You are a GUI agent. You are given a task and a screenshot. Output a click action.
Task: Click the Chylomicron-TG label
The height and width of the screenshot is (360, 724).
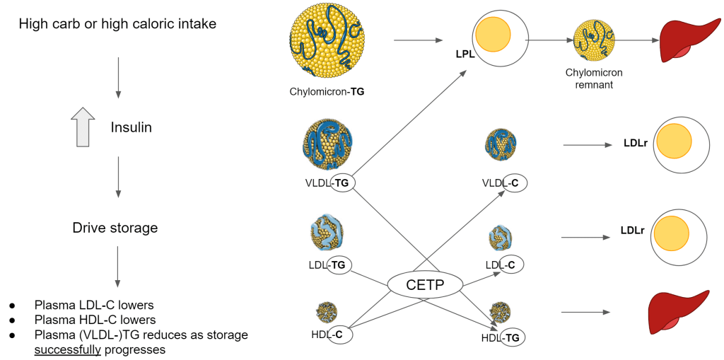click(327, 91)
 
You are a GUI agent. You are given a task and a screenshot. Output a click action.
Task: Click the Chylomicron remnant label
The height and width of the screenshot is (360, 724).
click(594, 78)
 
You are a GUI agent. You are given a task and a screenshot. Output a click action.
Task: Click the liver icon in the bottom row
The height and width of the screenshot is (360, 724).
click(678, 312)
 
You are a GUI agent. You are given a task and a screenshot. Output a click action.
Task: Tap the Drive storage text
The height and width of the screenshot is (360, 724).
click(115, 228)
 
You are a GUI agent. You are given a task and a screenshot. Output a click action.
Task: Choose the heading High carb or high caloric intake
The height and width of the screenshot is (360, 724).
click(117, 24)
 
